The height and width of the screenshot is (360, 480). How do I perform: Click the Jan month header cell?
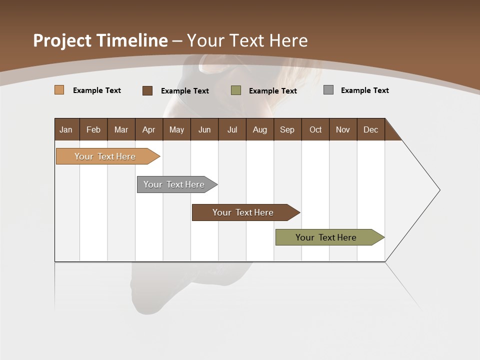(66, 129)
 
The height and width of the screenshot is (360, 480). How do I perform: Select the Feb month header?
(93, 129)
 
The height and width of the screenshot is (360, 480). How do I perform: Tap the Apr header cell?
(149, 129)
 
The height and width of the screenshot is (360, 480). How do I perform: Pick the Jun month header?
(204, 129)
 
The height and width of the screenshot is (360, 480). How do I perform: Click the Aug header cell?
(260, 129)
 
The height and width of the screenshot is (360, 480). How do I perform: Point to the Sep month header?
(287, 129)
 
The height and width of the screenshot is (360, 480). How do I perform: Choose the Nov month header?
(343, 129)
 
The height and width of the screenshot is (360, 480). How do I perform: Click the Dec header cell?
(371, 129)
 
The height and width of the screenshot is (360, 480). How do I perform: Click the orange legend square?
(59, 90)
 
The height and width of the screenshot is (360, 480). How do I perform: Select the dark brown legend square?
(147, 90)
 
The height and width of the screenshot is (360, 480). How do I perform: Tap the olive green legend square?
(236, 90)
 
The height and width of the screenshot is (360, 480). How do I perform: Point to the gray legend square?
(328, 90)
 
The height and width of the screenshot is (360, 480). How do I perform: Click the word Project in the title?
(62, 40)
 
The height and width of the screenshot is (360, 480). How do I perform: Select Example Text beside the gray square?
(364, 90)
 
